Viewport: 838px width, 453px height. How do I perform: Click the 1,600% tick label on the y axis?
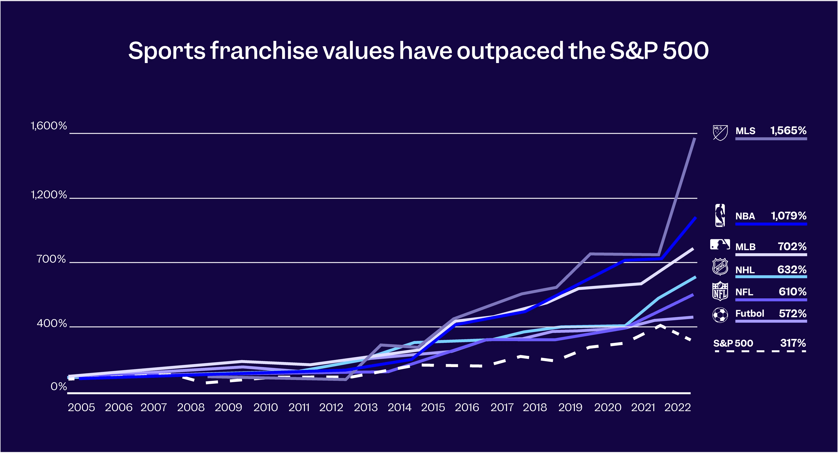[49, 126]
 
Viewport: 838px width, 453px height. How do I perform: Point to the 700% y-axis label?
[51, 259]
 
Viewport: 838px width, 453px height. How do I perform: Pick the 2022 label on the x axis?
[677, 407]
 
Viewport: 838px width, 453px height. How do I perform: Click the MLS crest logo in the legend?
[720, 133]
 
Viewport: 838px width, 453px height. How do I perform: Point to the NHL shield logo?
[720, 267]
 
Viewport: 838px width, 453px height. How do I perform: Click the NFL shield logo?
[720, 291]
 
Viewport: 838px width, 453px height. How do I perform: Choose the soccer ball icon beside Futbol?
[720, 315]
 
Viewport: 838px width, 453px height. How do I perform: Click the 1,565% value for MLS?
[788, 130]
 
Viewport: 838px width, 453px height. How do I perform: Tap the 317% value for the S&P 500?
[793, 343]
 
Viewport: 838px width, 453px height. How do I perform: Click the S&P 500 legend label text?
[733, 343]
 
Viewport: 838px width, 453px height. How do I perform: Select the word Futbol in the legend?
[749, 313]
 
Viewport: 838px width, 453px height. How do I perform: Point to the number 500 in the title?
[686, 51]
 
